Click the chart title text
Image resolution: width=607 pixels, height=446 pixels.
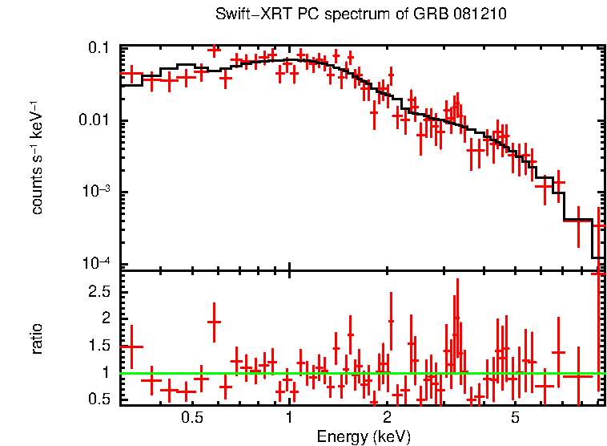point(361,15)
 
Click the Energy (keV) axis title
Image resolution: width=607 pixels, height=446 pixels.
point(363,436)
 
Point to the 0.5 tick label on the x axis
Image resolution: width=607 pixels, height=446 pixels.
point(191,418)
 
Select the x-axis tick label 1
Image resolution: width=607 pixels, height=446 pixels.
point(289,418)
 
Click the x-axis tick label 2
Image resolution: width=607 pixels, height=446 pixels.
point(386,418)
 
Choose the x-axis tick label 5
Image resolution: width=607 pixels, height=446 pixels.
point(515,418)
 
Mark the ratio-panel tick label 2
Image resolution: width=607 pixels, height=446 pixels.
point(105,318)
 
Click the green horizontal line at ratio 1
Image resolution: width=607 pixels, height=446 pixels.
point(360,373)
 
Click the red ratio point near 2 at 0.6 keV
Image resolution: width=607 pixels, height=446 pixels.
point(214,321)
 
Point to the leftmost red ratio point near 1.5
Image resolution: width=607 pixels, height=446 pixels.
point(131,347)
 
